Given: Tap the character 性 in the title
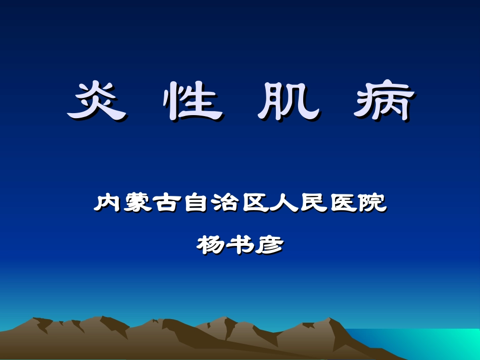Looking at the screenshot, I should click(x=193, y=100).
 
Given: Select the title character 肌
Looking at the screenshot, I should click(x=289, y=100).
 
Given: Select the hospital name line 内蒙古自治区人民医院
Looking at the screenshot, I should click(x=240, y=203).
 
